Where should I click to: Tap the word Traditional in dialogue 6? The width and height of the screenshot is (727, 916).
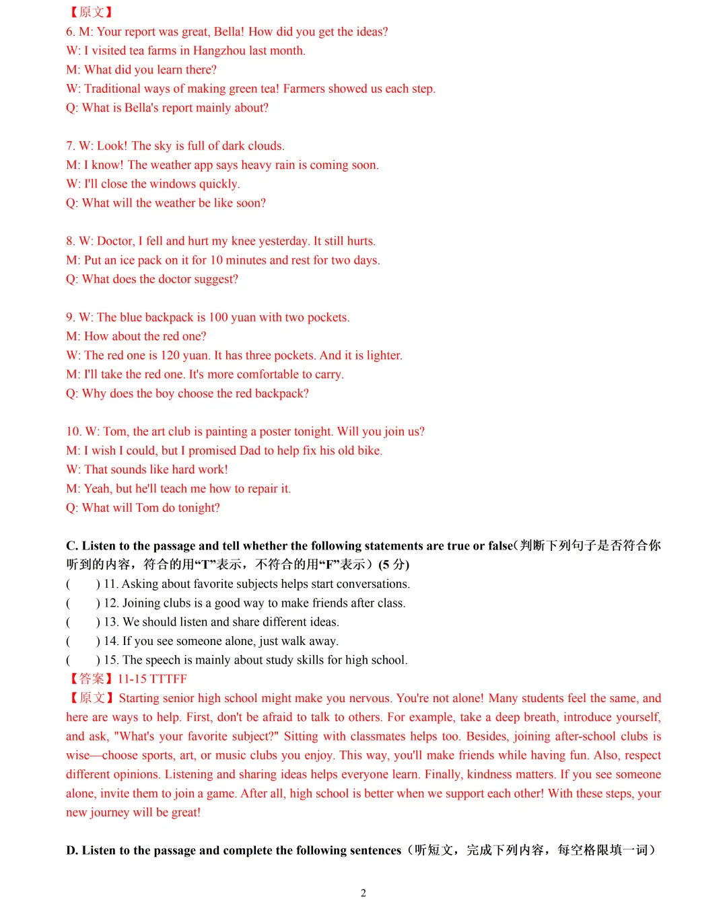112,89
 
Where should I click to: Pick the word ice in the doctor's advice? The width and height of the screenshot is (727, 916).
126,260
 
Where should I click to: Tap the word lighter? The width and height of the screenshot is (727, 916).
384,356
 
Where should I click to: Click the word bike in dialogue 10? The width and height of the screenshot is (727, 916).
369,451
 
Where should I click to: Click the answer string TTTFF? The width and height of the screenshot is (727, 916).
168,679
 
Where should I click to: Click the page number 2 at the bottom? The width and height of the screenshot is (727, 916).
363,893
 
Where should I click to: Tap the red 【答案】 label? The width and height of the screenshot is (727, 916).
90,679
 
